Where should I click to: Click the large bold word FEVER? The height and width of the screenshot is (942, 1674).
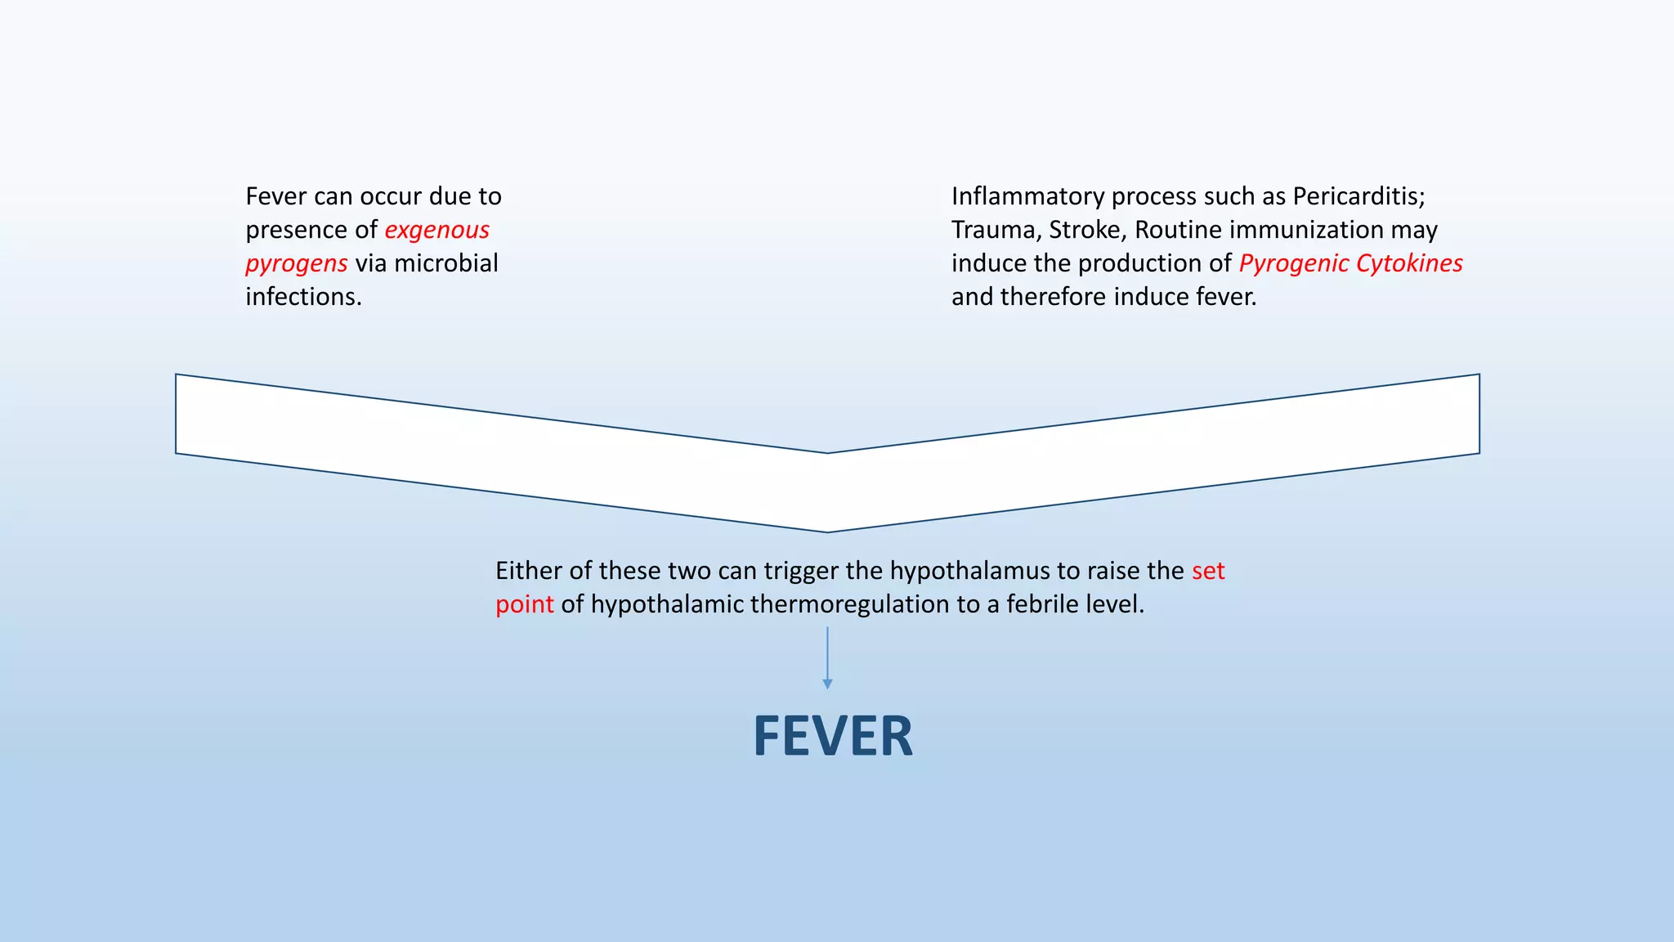832,737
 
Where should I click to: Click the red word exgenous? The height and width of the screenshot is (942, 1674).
436,230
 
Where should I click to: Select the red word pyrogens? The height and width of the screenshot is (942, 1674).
297,263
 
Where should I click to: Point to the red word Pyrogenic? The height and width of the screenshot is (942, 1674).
1293,263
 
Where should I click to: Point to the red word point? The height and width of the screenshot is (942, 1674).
524,604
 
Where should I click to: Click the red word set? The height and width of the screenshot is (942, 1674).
1208,571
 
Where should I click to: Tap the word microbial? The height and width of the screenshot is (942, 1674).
446,263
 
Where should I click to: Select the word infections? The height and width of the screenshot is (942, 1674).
303,297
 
